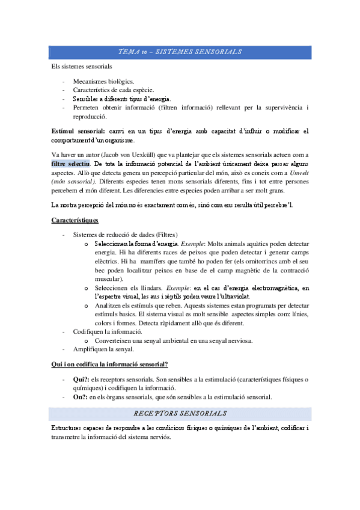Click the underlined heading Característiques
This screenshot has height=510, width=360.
click(79, 220)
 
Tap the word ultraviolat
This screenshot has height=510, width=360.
click(230, 296)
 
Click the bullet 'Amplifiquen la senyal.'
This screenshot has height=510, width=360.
click(103, 349)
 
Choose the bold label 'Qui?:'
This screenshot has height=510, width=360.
click(81, 379)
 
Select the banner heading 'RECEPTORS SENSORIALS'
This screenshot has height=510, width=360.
click(180, 413)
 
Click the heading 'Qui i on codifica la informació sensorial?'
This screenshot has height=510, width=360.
click(109, 364)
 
